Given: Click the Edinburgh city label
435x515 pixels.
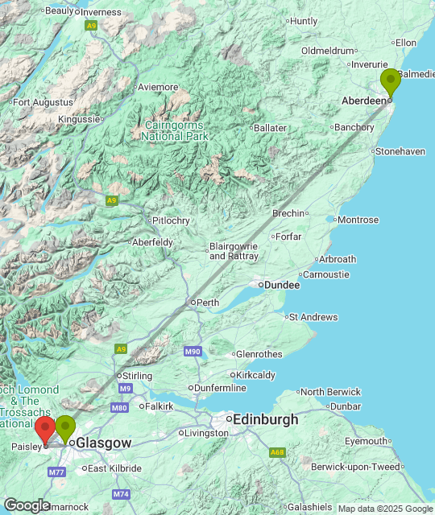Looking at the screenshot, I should [x=263, y=419].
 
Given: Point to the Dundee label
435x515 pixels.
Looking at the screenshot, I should [x=281, y=285].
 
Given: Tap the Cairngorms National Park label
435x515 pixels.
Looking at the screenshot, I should [x=175, y=130].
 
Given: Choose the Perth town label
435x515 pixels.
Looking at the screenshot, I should [x=208, y=303].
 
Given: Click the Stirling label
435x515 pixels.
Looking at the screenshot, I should [x=135, y=376].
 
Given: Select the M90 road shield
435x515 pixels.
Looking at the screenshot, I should [x=192, y=352].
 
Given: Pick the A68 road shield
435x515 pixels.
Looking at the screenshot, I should [x=278, y=452].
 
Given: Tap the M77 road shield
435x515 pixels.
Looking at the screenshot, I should [x=56, y=472].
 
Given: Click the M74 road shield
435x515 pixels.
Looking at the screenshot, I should [x=121, y=493].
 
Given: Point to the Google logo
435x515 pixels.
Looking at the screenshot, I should [x=27, y=505].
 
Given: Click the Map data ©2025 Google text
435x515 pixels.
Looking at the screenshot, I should [x=385, y=509].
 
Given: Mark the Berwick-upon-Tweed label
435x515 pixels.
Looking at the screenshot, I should [x=378, y=467].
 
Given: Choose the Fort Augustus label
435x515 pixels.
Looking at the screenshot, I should [x=43, y=102].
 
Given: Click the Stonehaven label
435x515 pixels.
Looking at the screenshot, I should [x=400, y=151].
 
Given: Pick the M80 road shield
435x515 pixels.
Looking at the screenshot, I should [x=120, y=408].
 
